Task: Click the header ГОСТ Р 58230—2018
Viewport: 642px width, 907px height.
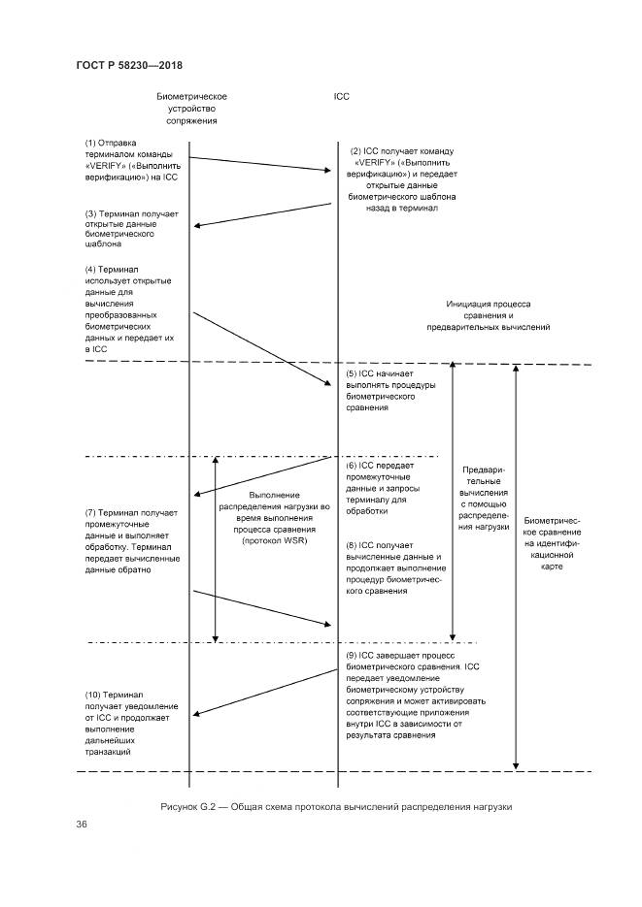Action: pyautogui.click(x=128, y=65)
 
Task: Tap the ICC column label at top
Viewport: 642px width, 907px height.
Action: pyautogui.click(x=341, y=97)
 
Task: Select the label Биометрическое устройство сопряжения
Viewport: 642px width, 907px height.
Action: pyautogui.click(x=191, y=109)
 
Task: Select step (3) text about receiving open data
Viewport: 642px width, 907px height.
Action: pyautogui.click(x=121, y=229)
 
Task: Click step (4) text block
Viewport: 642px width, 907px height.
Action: pyautogui.click(x=124, y=308)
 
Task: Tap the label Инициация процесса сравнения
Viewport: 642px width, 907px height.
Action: pyautogui.click(x=488, y=315)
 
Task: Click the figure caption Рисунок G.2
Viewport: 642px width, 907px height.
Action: pyautogui.click(x=336, y=807)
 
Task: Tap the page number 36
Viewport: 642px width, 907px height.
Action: pyautogui.click(x=82, y=825)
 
